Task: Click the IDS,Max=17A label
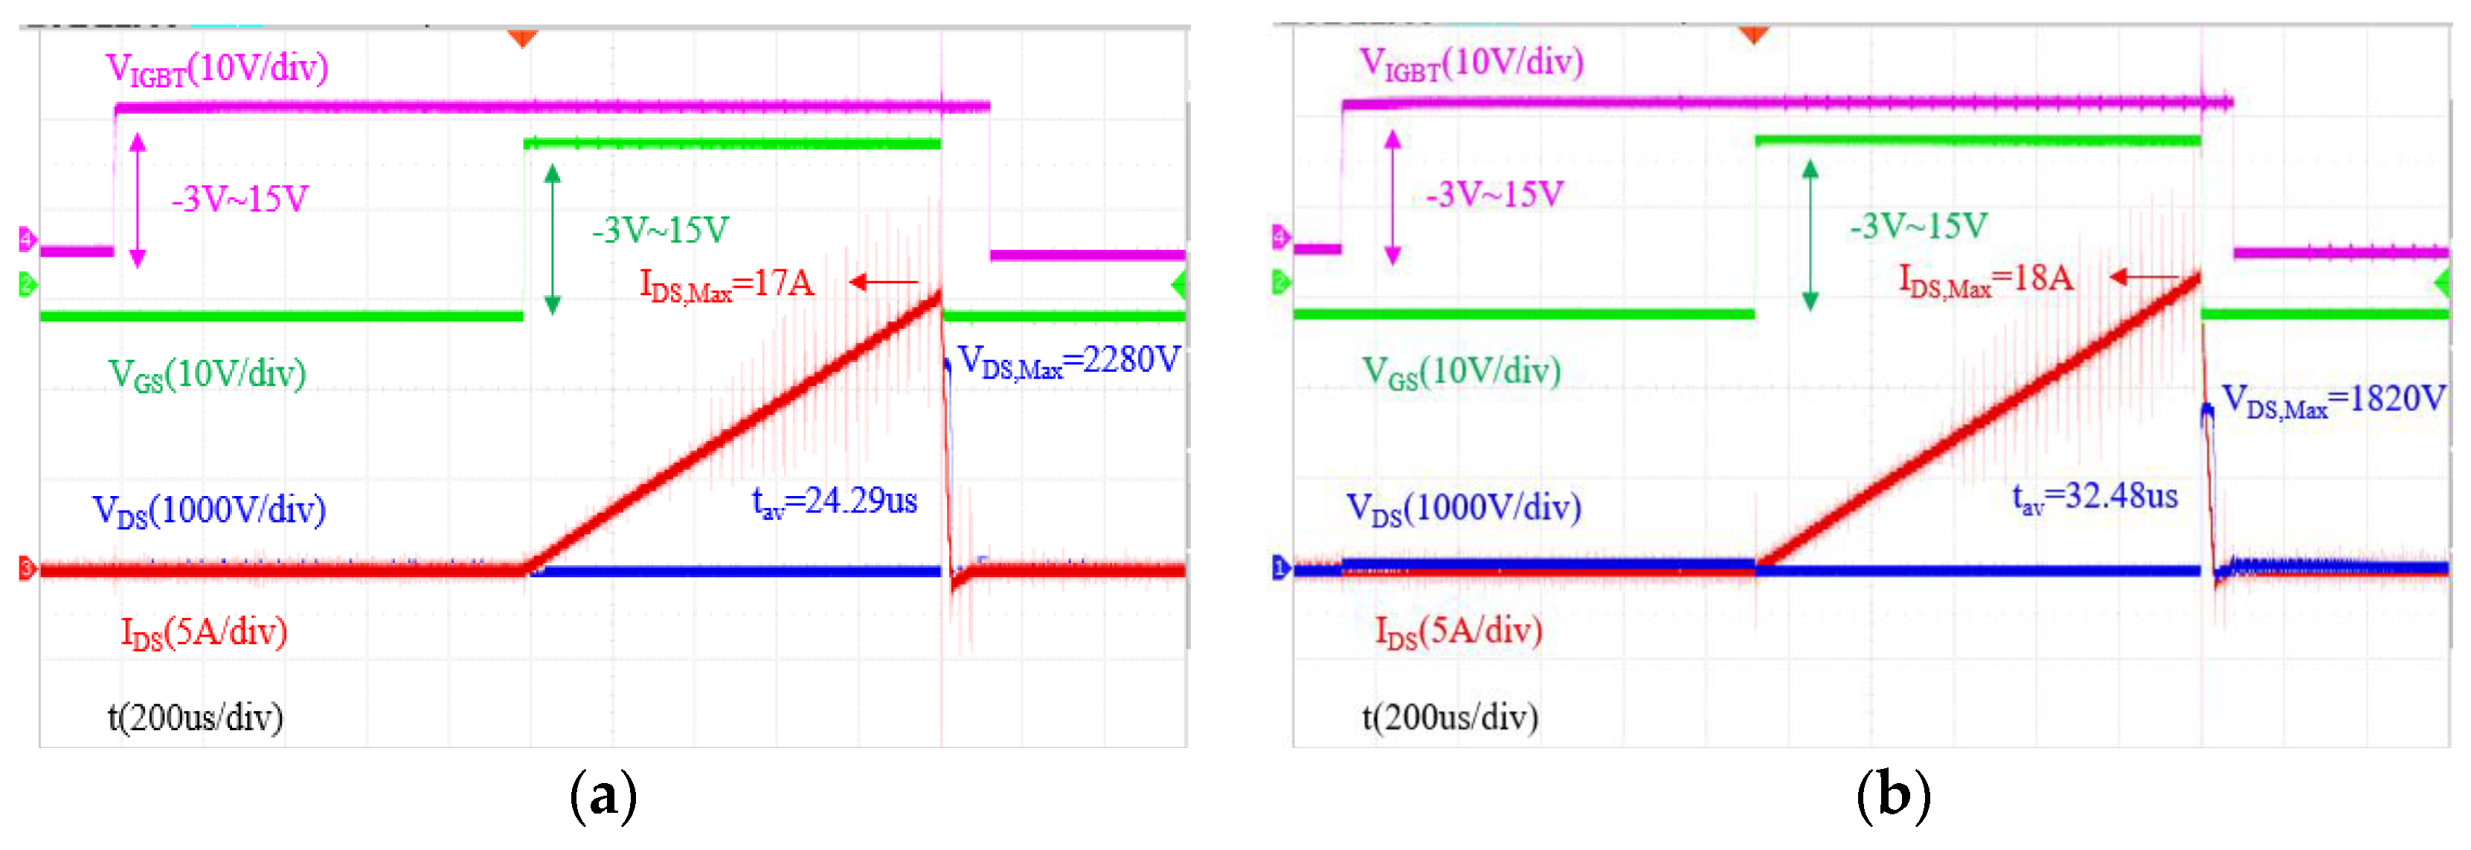point(726,284)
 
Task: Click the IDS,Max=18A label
point(1985,279)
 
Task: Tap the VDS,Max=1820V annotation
point(2333,400)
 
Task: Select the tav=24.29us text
point(834,500)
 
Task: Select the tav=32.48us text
point(2094,497)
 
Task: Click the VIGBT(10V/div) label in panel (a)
point(216,69)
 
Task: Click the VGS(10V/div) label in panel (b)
point(1461,371)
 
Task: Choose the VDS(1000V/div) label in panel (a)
point(208,510)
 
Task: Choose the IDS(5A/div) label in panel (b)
point(1458,631)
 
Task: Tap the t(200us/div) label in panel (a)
point(195,718)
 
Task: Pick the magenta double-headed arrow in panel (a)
point(137,199)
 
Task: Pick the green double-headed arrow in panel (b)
point(1810,235)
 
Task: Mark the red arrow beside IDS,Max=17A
point(884,282)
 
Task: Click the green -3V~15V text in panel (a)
point(660,231)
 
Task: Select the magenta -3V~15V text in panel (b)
point(1494,195)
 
